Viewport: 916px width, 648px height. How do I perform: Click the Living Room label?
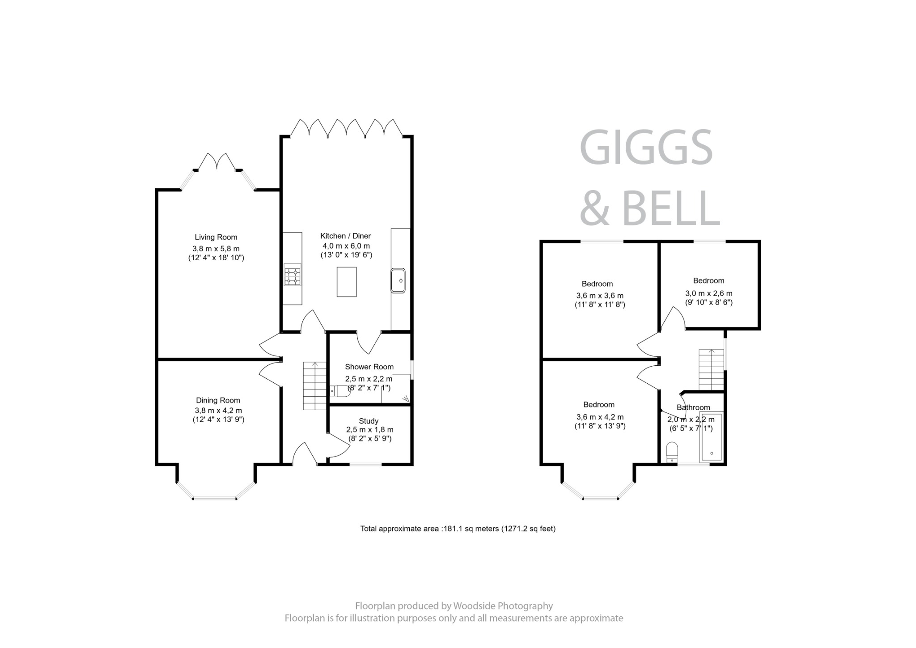[x=216, y=237]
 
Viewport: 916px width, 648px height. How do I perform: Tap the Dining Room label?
[x=218, y=400]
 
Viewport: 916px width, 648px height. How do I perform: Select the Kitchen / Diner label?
[x=345, y=236]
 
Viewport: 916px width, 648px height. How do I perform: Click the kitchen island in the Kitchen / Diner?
[x=347, y=282]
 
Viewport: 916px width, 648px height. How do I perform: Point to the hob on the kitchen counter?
[x=293, y=275]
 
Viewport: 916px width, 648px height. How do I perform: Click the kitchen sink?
[x=398, y=280]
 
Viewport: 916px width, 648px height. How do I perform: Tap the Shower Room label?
[x=369, y=367]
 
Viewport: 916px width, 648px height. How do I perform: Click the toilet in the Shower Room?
[x=340, y=391]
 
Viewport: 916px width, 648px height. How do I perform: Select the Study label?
[x=369, y=421]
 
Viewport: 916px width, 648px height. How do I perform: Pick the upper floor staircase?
[x=711, y=369]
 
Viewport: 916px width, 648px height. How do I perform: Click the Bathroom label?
[x=693, y=407]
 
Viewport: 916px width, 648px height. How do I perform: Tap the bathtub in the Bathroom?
[x=711, y=437]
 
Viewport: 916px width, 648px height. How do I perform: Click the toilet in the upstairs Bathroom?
[x=672, y=452]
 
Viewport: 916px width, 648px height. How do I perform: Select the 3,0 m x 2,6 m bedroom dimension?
[x=708, y=293]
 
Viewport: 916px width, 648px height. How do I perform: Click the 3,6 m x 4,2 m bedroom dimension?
[x=600, y=417]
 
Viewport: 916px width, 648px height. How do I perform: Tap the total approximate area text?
[x=458, y=529]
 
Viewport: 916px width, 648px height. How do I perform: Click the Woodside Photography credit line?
[x=454, y=606]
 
